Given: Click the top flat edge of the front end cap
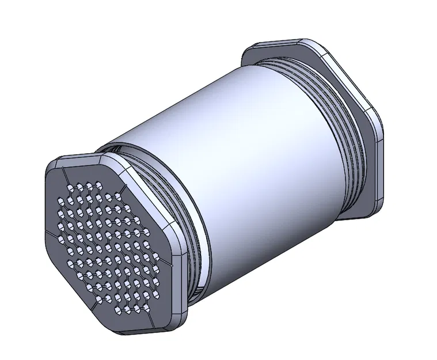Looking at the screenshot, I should point(86,157).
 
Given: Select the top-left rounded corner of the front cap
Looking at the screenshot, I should point(55,164).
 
